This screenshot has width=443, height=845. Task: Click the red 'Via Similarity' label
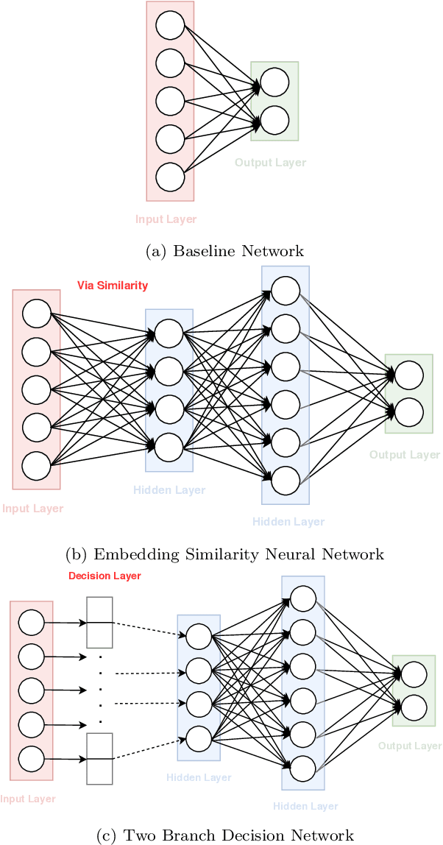tap(113, 286)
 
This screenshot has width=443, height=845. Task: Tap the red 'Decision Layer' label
tap(104, 576)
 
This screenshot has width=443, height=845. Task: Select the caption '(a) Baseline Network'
tap(225, 252)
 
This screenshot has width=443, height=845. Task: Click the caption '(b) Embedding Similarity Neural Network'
tap(225, 554)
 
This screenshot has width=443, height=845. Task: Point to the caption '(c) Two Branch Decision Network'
tap(225, 835)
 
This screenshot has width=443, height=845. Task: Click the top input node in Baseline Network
tap(170, 26)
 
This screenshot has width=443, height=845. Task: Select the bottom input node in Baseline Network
tap(170, 177)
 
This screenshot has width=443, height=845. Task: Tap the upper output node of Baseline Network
tap(274, 83)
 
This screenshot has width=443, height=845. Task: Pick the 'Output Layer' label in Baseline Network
tap(270, 163)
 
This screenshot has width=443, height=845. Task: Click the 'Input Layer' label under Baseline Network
tap(166, 219)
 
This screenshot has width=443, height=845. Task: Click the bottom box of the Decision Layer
tap(99, 758)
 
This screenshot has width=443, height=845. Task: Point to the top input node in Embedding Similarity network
tap(36, 314)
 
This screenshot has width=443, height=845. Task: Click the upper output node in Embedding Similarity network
tap(409, 376)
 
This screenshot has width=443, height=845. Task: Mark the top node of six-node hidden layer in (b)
tap(286, 288)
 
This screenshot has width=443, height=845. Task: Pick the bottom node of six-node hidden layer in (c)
tap(305, 766)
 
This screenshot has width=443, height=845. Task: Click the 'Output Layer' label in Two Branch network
tap(410, 746)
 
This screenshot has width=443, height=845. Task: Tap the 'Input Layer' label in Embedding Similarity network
tap(33, 509)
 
